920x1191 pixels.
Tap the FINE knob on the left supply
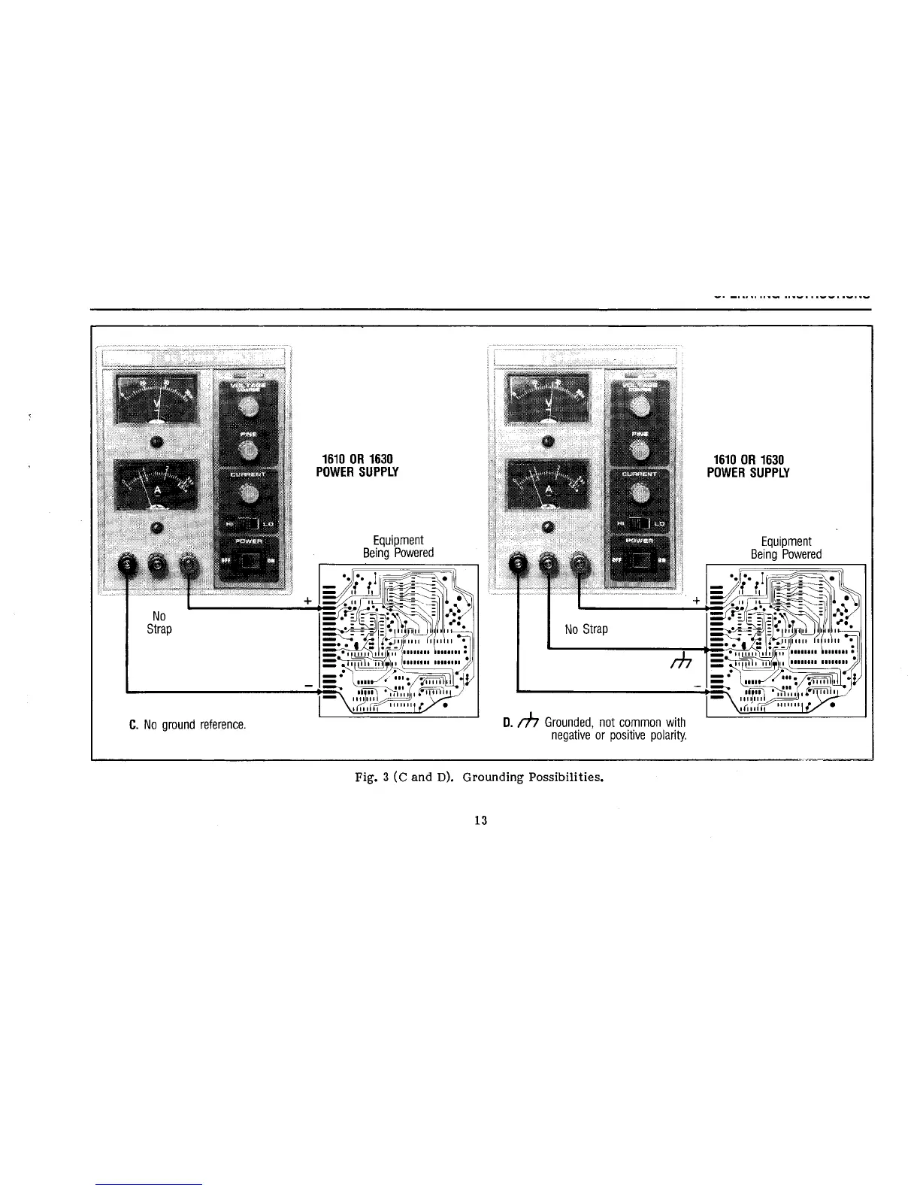(x=248, y=450)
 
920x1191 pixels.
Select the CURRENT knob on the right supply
(x=640, y=492)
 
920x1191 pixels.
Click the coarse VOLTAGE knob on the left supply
(x=248, y=407)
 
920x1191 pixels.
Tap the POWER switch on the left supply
(x=247, y=560)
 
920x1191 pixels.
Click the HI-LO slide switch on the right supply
(x=639, y=523)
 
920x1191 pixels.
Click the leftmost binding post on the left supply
(x=126, y=562)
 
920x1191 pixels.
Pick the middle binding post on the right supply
(x=549, y=562)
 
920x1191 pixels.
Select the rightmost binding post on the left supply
(x=187, y=562)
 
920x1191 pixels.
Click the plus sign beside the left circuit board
(x=307, y=601)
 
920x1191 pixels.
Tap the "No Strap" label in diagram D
(x=586, y=629)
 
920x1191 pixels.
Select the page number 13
(x=481, y=820)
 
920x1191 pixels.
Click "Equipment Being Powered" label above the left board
(x=398, y=547)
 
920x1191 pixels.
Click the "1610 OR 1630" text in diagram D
(x=749, y=459)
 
